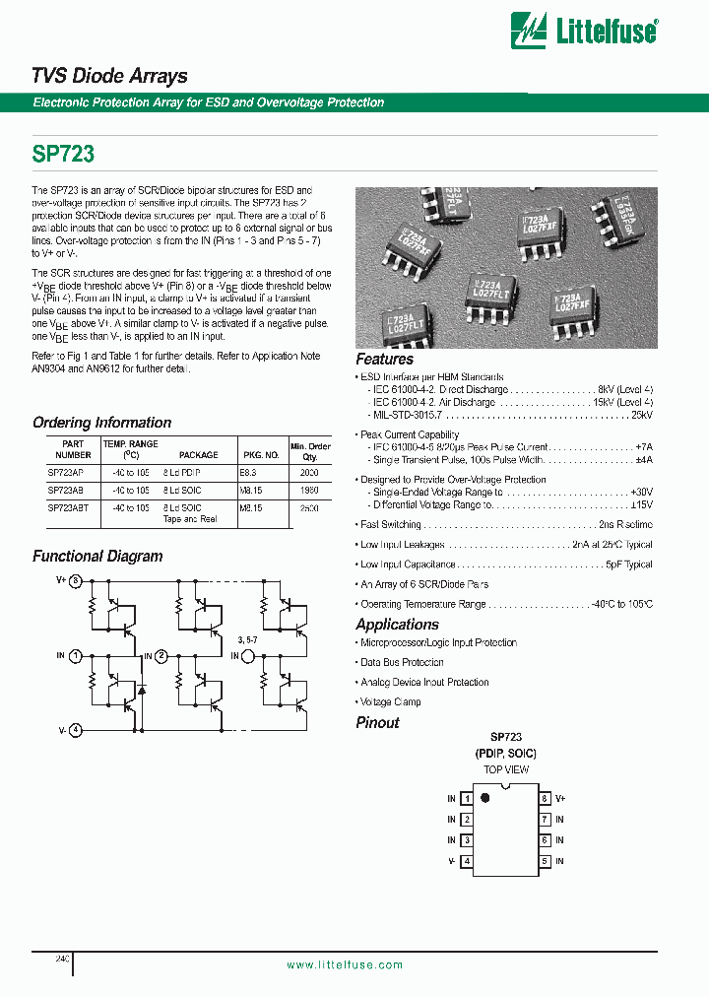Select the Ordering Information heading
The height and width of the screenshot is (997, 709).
click(101, 423)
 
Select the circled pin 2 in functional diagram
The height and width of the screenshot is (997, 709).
click(162, 655)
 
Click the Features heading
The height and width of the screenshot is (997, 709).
click(384, 360)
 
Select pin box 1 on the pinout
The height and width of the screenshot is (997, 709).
click(467, 798)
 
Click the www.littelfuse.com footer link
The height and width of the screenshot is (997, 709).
click(345, 964)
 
